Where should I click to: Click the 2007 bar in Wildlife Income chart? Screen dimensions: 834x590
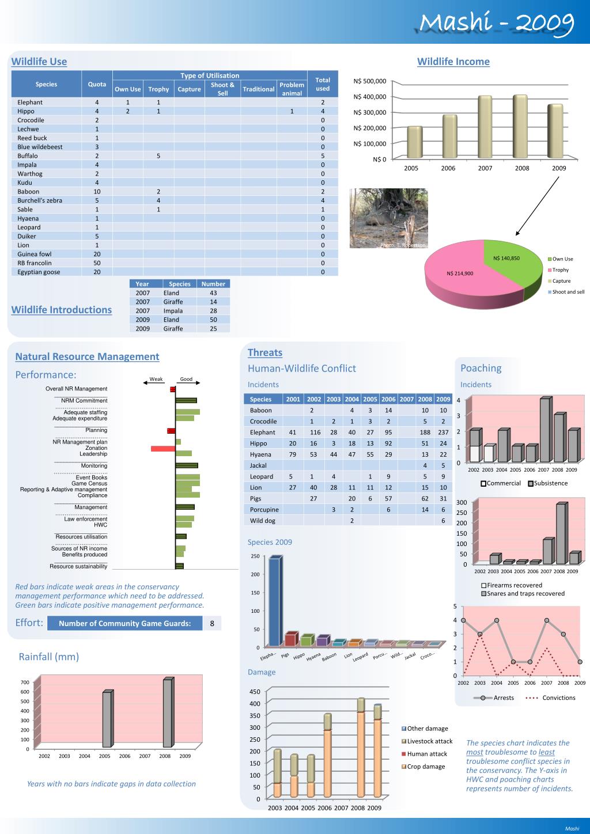(x=485, y=127)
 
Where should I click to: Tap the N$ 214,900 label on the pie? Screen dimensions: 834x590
(x=460, y=273)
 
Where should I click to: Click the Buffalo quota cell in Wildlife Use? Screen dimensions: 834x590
(x=97, y=156)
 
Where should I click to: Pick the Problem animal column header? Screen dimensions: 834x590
(x=292, y=89)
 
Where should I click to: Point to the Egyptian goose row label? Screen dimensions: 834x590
(x=39, y=272)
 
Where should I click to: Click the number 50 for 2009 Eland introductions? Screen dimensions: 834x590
(x=213, y=320)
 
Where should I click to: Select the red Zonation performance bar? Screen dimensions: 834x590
(x=163, y=448)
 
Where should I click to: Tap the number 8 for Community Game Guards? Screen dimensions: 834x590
(x=212, y=623)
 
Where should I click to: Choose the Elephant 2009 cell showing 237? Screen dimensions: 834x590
(x=442, y=433)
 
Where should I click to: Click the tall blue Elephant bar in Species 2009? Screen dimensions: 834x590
(x=275, y=602)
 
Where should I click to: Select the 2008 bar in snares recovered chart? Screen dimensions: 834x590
(x=561, y=534)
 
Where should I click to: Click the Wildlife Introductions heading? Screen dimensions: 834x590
(x=62, y=310)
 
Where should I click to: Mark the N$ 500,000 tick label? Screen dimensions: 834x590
(x=370, y=81)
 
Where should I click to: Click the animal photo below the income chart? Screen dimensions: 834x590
(x=389, y=218)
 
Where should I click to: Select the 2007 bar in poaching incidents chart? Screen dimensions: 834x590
(x=544, y=430)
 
